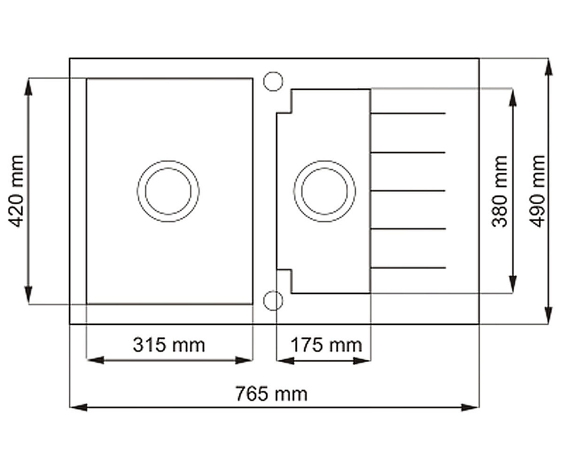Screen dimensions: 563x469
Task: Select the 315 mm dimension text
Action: pos(169,345)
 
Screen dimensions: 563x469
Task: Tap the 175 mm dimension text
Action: pos(326,345)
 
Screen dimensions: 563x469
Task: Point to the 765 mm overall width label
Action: pos(272,394)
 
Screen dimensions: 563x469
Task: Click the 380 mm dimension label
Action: pos(499,191)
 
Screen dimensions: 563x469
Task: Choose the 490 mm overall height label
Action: pos(537,191)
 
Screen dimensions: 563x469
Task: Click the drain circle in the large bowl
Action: pos(168,191)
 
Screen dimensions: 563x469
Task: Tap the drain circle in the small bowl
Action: pos(325,191)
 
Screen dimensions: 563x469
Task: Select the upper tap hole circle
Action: pos(273,82)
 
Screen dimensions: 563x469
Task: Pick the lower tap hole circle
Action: pos(273,301)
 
